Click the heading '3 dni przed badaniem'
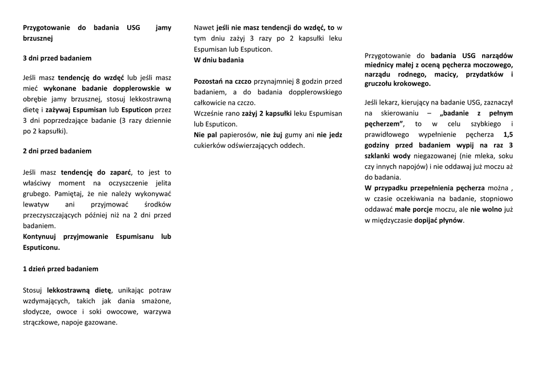click(x=57, y=58)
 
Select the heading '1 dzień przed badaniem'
click(x=61, y=269)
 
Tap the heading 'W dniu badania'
click(x=218, y=60)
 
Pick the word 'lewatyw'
click(x=36, y=204)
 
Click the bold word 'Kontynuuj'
click(x=40, y=236)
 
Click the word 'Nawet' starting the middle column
click(x=204, y=28)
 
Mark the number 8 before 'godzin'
click(x=298, y=82)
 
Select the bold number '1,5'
click(x=508, y=134)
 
